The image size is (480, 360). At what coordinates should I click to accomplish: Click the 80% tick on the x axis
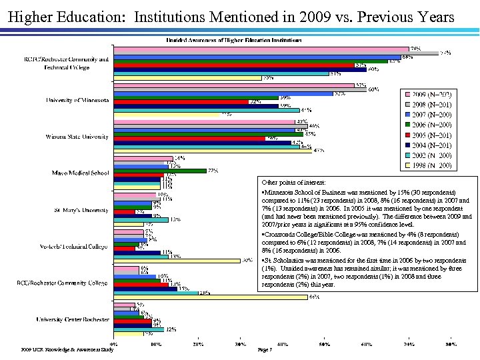point(451,345)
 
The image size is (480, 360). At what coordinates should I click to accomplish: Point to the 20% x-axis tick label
point(198,345)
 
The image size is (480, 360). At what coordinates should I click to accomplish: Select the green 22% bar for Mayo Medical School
point(160,171)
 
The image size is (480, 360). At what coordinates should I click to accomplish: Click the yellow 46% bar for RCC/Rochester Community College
point(211,297)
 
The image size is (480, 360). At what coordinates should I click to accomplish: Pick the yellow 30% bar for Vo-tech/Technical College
point(177,260)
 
